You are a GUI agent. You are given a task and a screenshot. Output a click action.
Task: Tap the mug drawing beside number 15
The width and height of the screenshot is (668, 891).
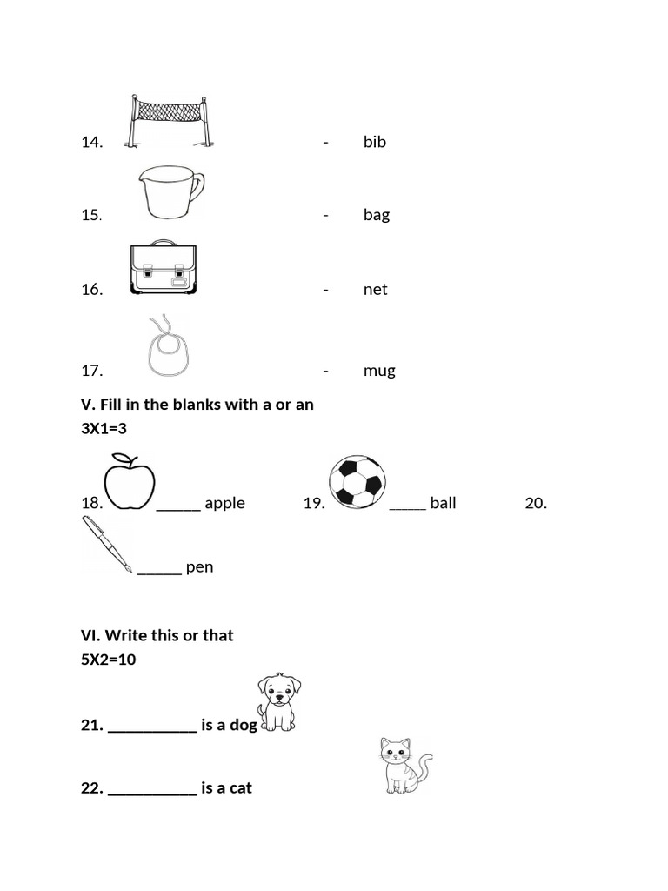[170, 192]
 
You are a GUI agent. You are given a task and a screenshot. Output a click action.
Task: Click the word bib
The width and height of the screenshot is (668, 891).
[374, 142]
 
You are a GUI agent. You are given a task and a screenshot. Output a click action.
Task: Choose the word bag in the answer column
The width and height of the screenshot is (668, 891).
[376, 215]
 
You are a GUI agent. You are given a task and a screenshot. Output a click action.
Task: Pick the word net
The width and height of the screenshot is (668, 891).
[375, 290]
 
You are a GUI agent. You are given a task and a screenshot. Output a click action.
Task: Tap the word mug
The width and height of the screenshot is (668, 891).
[379, 371]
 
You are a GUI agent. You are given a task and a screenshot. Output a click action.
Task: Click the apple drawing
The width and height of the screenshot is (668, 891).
[129, 482]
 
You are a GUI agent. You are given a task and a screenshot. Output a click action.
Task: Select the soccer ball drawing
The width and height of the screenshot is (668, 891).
[357, 482]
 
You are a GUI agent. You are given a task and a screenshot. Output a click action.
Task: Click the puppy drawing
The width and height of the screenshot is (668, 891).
[278, 701]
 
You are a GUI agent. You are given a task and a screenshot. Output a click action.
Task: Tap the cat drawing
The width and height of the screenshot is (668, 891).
[404, 765]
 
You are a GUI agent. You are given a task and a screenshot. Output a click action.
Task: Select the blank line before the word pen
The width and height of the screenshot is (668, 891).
[159, 573]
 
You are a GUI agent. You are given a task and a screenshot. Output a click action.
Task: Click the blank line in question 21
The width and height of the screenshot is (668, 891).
[153, 731]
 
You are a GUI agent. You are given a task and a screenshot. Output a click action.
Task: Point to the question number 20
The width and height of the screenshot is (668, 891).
[536, 503]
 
